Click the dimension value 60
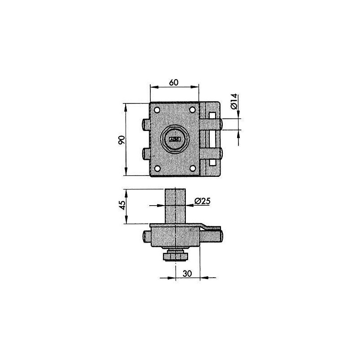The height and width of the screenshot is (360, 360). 174,82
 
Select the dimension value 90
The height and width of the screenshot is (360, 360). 121,140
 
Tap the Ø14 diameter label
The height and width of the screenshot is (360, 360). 234,102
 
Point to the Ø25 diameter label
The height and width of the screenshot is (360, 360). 202,201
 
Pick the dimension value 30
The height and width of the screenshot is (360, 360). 187,274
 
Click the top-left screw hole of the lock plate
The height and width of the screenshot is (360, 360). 157,110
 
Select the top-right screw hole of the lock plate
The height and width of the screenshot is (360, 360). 193,110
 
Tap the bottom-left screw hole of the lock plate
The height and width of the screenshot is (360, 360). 157,169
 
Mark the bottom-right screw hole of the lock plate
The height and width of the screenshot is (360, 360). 193,169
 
